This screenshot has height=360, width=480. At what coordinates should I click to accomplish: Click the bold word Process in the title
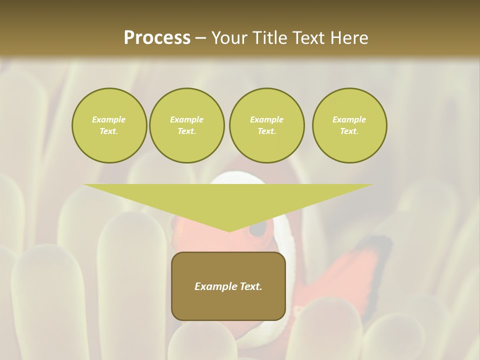click(157, 38)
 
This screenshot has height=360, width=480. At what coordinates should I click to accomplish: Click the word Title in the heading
click(269, 38)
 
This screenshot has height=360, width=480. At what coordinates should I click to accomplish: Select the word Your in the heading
click(229, 38)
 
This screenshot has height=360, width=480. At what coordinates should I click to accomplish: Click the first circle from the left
click(109, 125)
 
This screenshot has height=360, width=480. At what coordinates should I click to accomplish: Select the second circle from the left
click(186, 125)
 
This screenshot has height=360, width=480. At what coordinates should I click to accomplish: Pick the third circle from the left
click(266, 125)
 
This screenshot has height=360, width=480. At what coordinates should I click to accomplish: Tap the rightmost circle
click(349, 125)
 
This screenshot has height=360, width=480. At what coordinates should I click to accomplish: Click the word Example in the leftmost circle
click(109, 119)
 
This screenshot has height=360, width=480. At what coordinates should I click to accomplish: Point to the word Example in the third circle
click(266, 119)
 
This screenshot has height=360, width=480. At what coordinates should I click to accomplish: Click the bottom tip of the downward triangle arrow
click(229, 231)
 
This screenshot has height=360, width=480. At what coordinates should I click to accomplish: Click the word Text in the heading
click(308, 38)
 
